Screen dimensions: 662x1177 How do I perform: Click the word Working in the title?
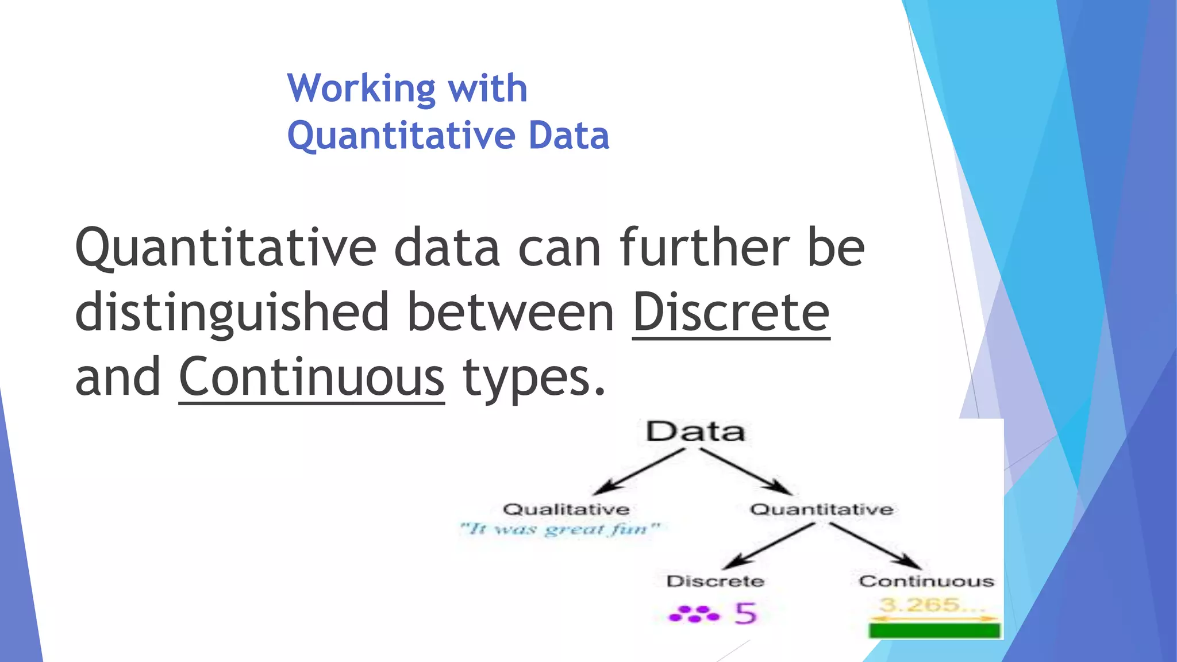pyautogui.click(x=361, y=89)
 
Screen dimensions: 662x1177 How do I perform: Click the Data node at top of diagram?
pyautogui.click(x=695, y=431)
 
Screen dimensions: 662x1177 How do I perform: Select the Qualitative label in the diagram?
pyautogui.click(x=566, y=509)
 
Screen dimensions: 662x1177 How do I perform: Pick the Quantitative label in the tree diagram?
pyautogui.click(x=821, y=509)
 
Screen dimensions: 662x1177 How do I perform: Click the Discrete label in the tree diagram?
pyautogui.click(x=715, y=581)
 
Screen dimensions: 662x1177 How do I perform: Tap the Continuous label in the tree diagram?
pyautogui.click(x=926, y=581)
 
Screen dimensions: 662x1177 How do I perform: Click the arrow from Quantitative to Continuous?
pyautogui.click(x=875, y=545)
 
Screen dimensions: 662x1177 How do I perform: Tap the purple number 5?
pyautogui.click(x=745, y=614)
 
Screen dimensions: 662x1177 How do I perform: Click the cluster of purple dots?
pyautogui.click(x=694, y=614)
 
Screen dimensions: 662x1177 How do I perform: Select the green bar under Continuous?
pyautogui.click(x=934, y=630)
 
